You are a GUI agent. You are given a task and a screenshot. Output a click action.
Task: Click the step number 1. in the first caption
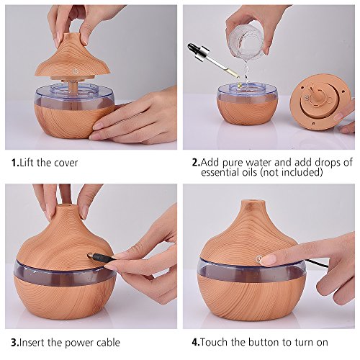(x=15, y=163)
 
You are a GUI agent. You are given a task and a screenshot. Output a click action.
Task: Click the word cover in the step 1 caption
(x=66, y=163)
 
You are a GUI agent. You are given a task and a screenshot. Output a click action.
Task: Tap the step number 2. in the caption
(x=196, y=163)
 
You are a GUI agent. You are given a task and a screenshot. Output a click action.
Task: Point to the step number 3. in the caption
(x=15, y=343)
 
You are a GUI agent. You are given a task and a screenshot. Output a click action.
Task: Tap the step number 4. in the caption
(x=196, y=342)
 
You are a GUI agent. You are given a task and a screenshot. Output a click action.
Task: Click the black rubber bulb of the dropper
(x=193, y=48)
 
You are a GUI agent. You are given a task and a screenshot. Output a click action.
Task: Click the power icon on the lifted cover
(x=76, y=71)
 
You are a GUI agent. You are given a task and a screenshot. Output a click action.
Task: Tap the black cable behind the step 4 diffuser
(x=316, y=264)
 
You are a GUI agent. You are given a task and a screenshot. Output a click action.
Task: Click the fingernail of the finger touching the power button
(x=268, y=260)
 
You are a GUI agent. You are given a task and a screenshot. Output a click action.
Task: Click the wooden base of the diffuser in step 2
(x=247, y=112)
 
